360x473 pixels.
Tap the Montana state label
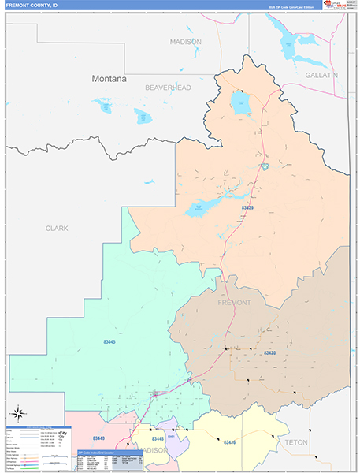click(109, 79)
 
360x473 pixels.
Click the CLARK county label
click(57, 229)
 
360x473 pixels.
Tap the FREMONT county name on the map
click(233, 303)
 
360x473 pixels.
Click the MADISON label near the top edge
click(186, 42)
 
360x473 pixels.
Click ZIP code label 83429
click(248, 207)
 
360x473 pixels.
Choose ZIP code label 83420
click(270, 352)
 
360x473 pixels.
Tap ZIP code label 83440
click(98, 438)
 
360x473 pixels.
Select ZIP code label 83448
click(158, 438)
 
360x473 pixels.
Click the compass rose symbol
click(17, 412)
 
